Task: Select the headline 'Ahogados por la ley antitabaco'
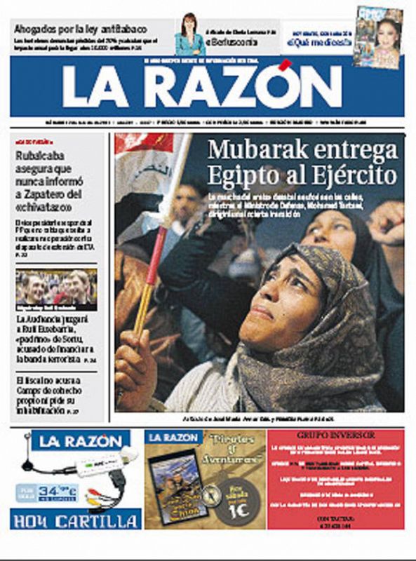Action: point(80,29)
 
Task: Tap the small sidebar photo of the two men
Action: point(56,285)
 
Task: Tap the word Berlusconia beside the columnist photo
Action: point(235,41)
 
